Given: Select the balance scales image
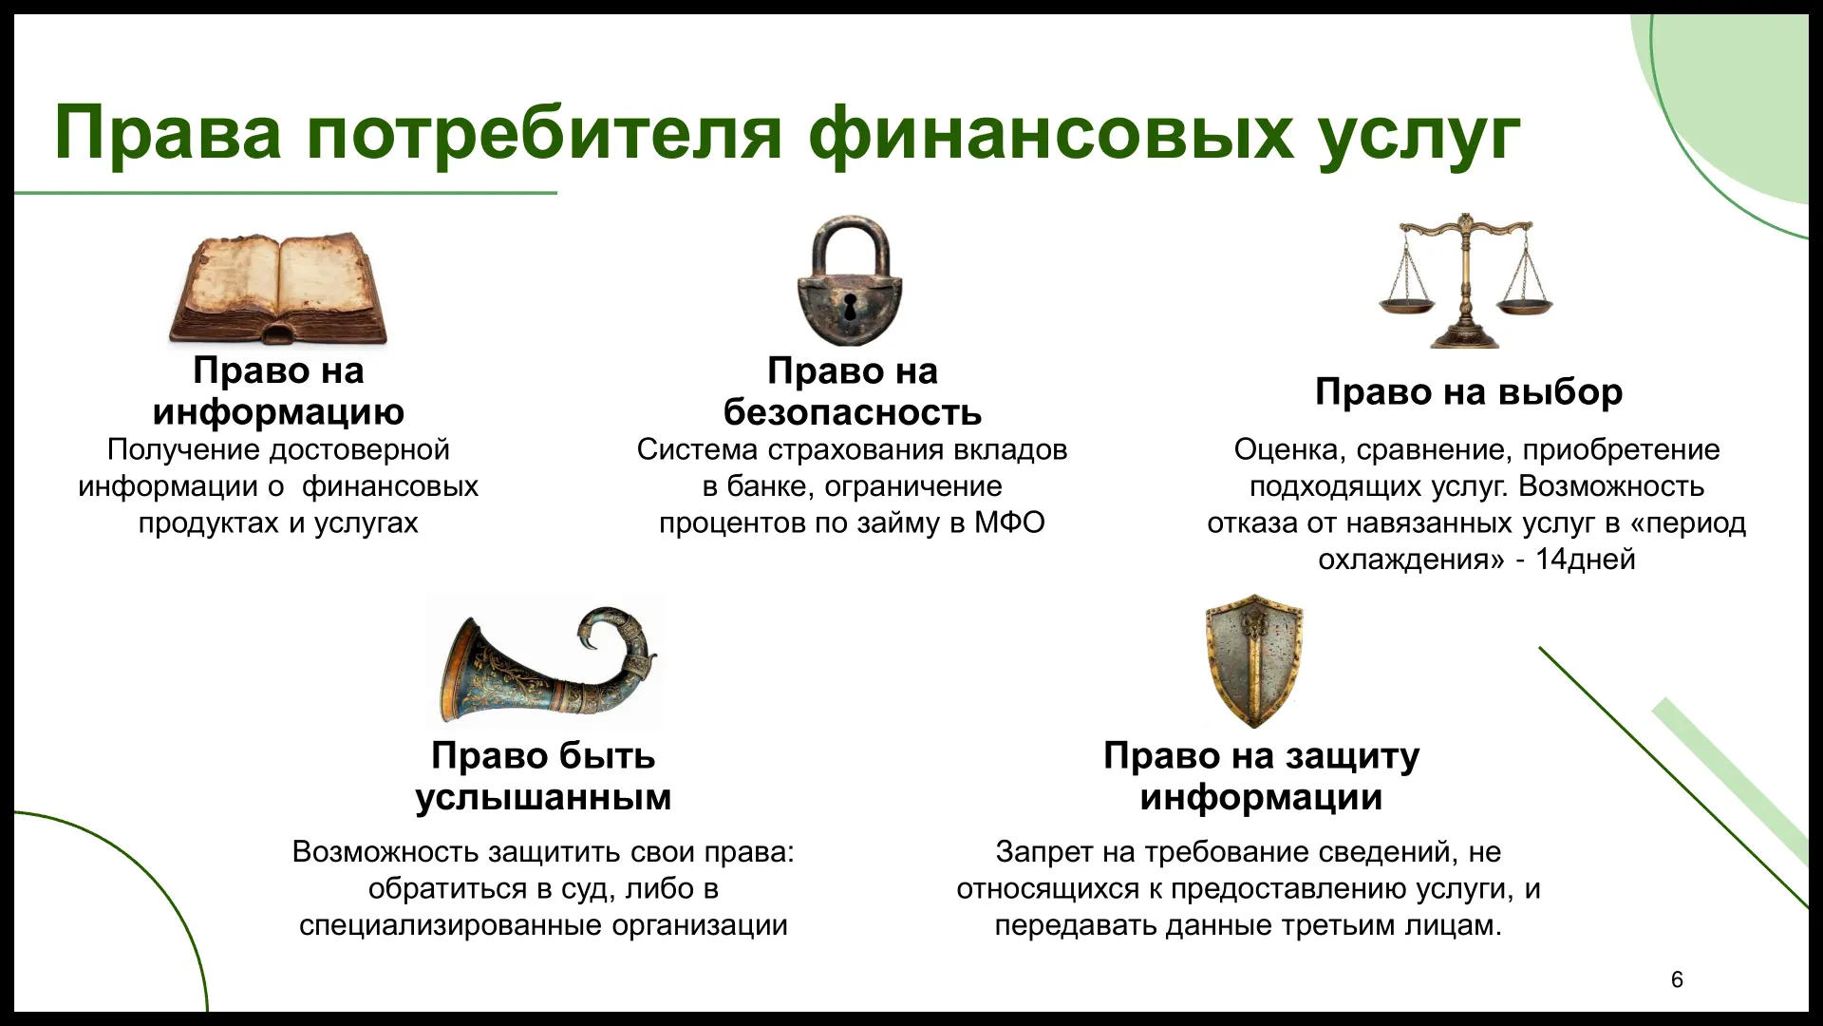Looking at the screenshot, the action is point(1466,280).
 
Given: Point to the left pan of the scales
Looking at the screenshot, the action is point(1407,306).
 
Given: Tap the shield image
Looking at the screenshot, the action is point(1254,661).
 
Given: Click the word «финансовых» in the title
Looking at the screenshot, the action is point(1051,133).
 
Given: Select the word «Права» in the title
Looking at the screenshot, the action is point(168,133).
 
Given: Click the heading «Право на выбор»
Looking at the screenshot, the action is point(1469,391).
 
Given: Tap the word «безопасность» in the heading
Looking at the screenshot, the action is point(853,411).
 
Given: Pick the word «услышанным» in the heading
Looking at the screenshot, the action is point(543,796).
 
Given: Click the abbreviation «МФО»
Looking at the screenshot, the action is point(1009,522).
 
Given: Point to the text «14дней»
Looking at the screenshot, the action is point(1585,559).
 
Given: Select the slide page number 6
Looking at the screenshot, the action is point(1677,979).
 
